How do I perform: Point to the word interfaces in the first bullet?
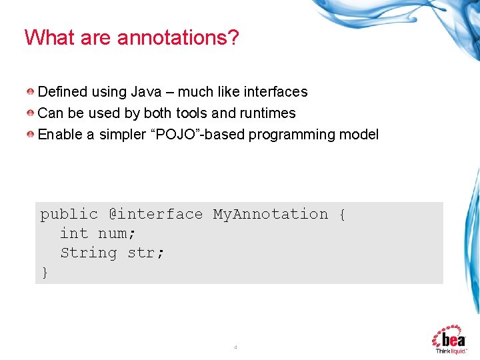coord(275,92)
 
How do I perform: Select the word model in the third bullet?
coord(359,135)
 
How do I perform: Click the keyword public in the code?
coord(69,214)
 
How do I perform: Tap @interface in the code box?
coord(155,214)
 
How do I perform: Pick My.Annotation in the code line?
coord(271,214)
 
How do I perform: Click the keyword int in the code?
coord(74,233)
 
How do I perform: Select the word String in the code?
coord(89,253)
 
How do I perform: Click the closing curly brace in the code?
coord(45,272)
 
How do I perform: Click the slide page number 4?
coord(235,347)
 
